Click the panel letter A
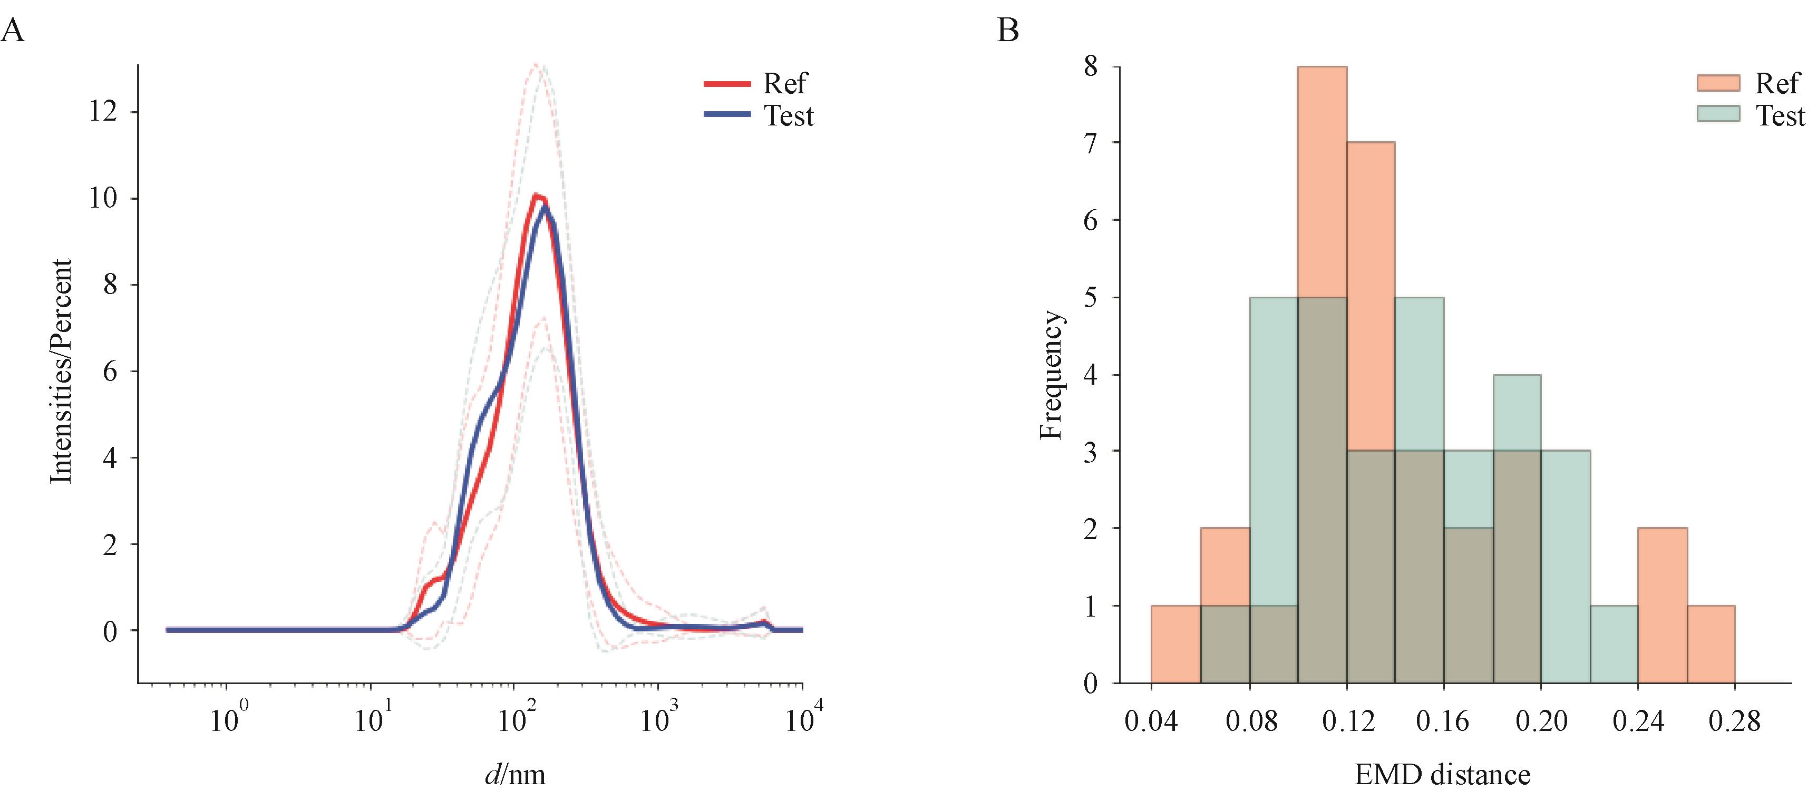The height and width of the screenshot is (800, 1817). click(13, 32)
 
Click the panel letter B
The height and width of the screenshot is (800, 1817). click(1008, 32)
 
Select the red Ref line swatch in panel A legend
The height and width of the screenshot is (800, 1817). click(726, 84)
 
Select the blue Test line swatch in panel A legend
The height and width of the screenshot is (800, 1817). click(726, 114)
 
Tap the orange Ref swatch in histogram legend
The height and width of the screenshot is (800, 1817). click(1717, 84)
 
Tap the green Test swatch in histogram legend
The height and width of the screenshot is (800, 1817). click(1717, 114)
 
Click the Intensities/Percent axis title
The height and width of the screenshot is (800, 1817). click(62, 371)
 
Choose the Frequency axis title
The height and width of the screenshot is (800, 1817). click(1051, 375)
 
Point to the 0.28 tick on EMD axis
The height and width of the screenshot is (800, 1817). click(1734, 721)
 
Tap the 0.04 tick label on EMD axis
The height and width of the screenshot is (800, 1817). click(1151, 721)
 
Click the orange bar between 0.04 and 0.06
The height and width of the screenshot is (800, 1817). click(1175, 643)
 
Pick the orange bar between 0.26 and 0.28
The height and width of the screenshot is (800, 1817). click(1711, 643)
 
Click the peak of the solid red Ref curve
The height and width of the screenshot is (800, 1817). click(536, 196)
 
